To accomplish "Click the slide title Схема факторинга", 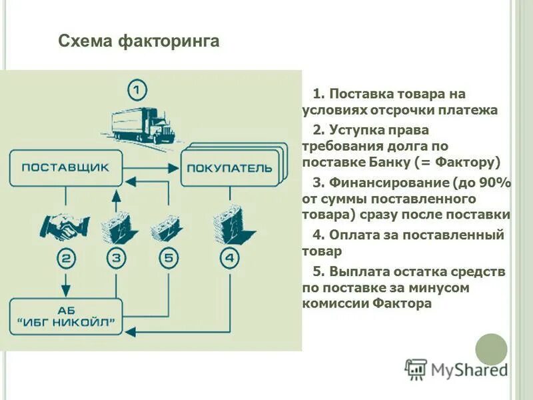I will pos(139,42).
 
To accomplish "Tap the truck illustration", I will pos(143,126).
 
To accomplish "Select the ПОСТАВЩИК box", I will pos(66,167).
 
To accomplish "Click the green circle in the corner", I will pos(491,348).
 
